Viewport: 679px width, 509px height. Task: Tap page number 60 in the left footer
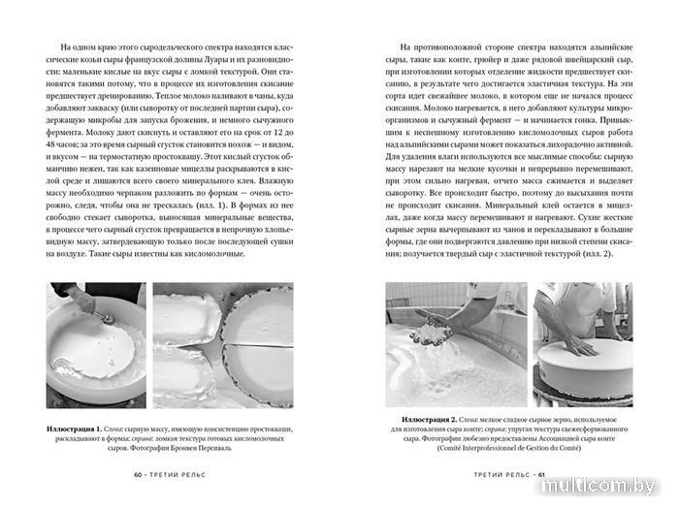click(138, 475)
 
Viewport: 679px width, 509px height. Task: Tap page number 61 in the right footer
click(543, 475)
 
